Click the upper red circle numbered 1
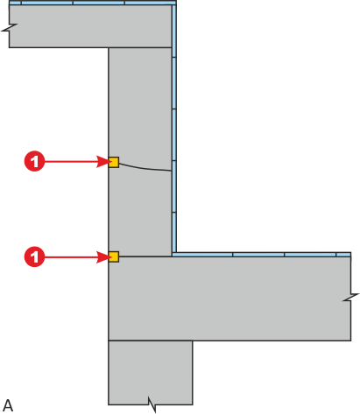click(x=34, y=161)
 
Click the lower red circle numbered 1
click(x=34, y=256)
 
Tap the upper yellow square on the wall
click(x=114, y=162)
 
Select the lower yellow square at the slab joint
click(x=114, y=256)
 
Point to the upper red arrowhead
click(x=102, y=162)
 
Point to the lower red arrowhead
click(x=102, y=257)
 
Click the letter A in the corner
click(x=8, y=405)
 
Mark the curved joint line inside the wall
click(x=143, y=169)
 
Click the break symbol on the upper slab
click(x=10, y=27)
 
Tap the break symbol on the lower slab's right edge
click(x=350, y=298)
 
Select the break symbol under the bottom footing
click(x=152, y=404)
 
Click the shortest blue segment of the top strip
click(x=15, y=3)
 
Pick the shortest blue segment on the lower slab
click(x=343, y=255)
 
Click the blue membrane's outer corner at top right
click(x=176, y=1)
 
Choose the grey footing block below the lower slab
click(x=151, y=373)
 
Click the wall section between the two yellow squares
click(x=140, y=213)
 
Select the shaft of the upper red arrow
click(x=71, y=161)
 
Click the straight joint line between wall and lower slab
click(x=145, y=256)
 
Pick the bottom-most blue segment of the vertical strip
click(x=174, y=233)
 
